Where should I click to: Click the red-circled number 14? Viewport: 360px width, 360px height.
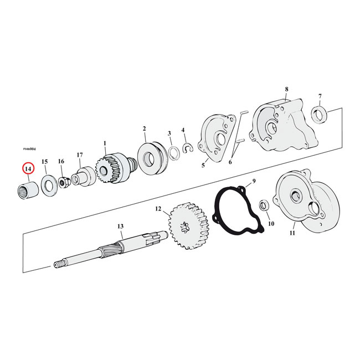click(x=28, y=169)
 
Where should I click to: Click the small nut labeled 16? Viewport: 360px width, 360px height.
click(x=63, y=180)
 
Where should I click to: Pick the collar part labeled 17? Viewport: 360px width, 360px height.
click(x=82, y=177)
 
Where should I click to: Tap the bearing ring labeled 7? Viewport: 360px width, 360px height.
click(x=320, y=116)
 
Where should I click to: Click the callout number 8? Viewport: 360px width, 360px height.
click(x=286, y=90)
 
